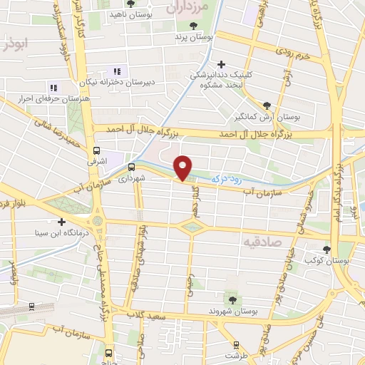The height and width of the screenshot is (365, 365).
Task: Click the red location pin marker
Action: (183, 168)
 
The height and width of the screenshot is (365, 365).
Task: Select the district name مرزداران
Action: (191, 9)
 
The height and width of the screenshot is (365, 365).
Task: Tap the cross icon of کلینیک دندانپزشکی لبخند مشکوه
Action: (222, 64)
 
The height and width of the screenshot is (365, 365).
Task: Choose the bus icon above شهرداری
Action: (130, 167)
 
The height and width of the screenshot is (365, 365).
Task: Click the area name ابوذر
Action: (14, 44)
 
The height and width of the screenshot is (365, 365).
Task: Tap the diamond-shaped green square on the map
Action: (192, 227)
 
